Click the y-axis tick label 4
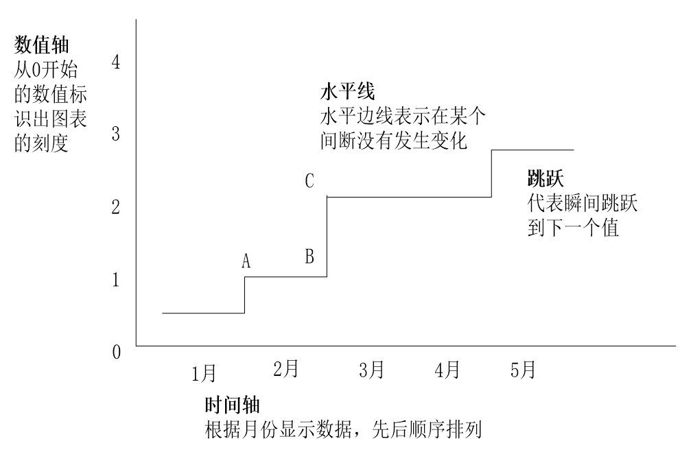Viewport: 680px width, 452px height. (116, 62)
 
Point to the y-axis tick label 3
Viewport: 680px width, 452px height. (116, 134)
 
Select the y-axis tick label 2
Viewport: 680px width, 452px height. (116, 206)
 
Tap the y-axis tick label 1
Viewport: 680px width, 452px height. (116, 279)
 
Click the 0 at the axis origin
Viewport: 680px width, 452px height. (116, 353)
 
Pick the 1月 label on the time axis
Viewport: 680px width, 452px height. (204, 373)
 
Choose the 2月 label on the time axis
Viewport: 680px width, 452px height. (285, 369)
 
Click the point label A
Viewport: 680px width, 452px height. (246, 261)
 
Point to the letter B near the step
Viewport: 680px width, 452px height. (309, 257)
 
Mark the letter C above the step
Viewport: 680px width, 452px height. (309, 182)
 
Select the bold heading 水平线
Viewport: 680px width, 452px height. (347, 92)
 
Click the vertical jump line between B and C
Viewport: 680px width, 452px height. (327, 237)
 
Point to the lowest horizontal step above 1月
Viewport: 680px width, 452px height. (203, 313)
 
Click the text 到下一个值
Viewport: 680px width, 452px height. (573, 228)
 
